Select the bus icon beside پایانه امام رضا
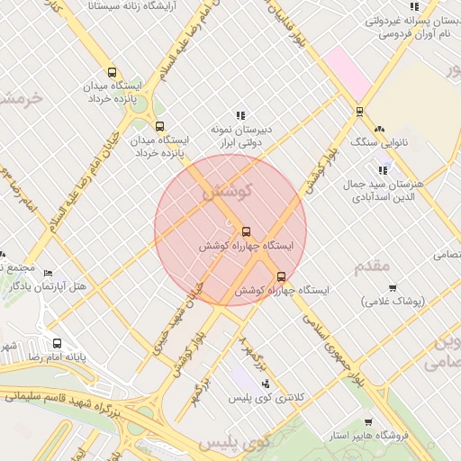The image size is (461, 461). point(58,343)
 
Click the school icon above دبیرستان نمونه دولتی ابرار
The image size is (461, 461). point(240,115)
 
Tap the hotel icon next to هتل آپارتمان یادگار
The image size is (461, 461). point(49,273)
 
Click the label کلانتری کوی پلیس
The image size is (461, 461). point(267,397)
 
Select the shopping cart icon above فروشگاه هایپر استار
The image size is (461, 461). point(368,421)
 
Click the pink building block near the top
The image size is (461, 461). point(348,72)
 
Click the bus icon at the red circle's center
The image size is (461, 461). point(247,230)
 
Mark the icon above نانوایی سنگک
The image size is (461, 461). point(379,129)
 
